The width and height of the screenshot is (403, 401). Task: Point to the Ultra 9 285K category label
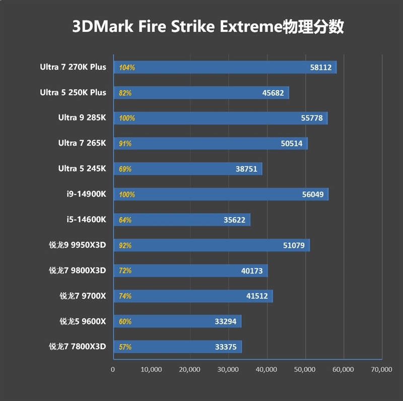tap(82, 118)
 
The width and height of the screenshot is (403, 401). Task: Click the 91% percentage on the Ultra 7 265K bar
tap(125, 144)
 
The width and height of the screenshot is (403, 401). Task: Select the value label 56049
tap(313, 194)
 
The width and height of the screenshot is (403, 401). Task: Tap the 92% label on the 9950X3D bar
tap(125, 245)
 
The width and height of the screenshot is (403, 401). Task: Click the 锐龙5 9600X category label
tap(83, 321)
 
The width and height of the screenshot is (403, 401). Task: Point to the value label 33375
tap(226, 347)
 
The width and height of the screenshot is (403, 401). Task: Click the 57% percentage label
tap(125, 347)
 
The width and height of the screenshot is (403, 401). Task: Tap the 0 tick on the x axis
tap(113, 369)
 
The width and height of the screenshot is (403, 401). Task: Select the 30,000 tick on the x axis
tap(228, 369)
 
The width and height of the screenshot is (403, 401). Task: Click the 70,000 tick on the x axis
tap(381, 369)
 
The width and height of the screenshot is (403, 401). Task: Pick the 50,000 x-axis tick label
tap(305, 369)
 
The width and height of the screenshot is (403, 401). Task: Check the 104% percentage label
tap(126, 67)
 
